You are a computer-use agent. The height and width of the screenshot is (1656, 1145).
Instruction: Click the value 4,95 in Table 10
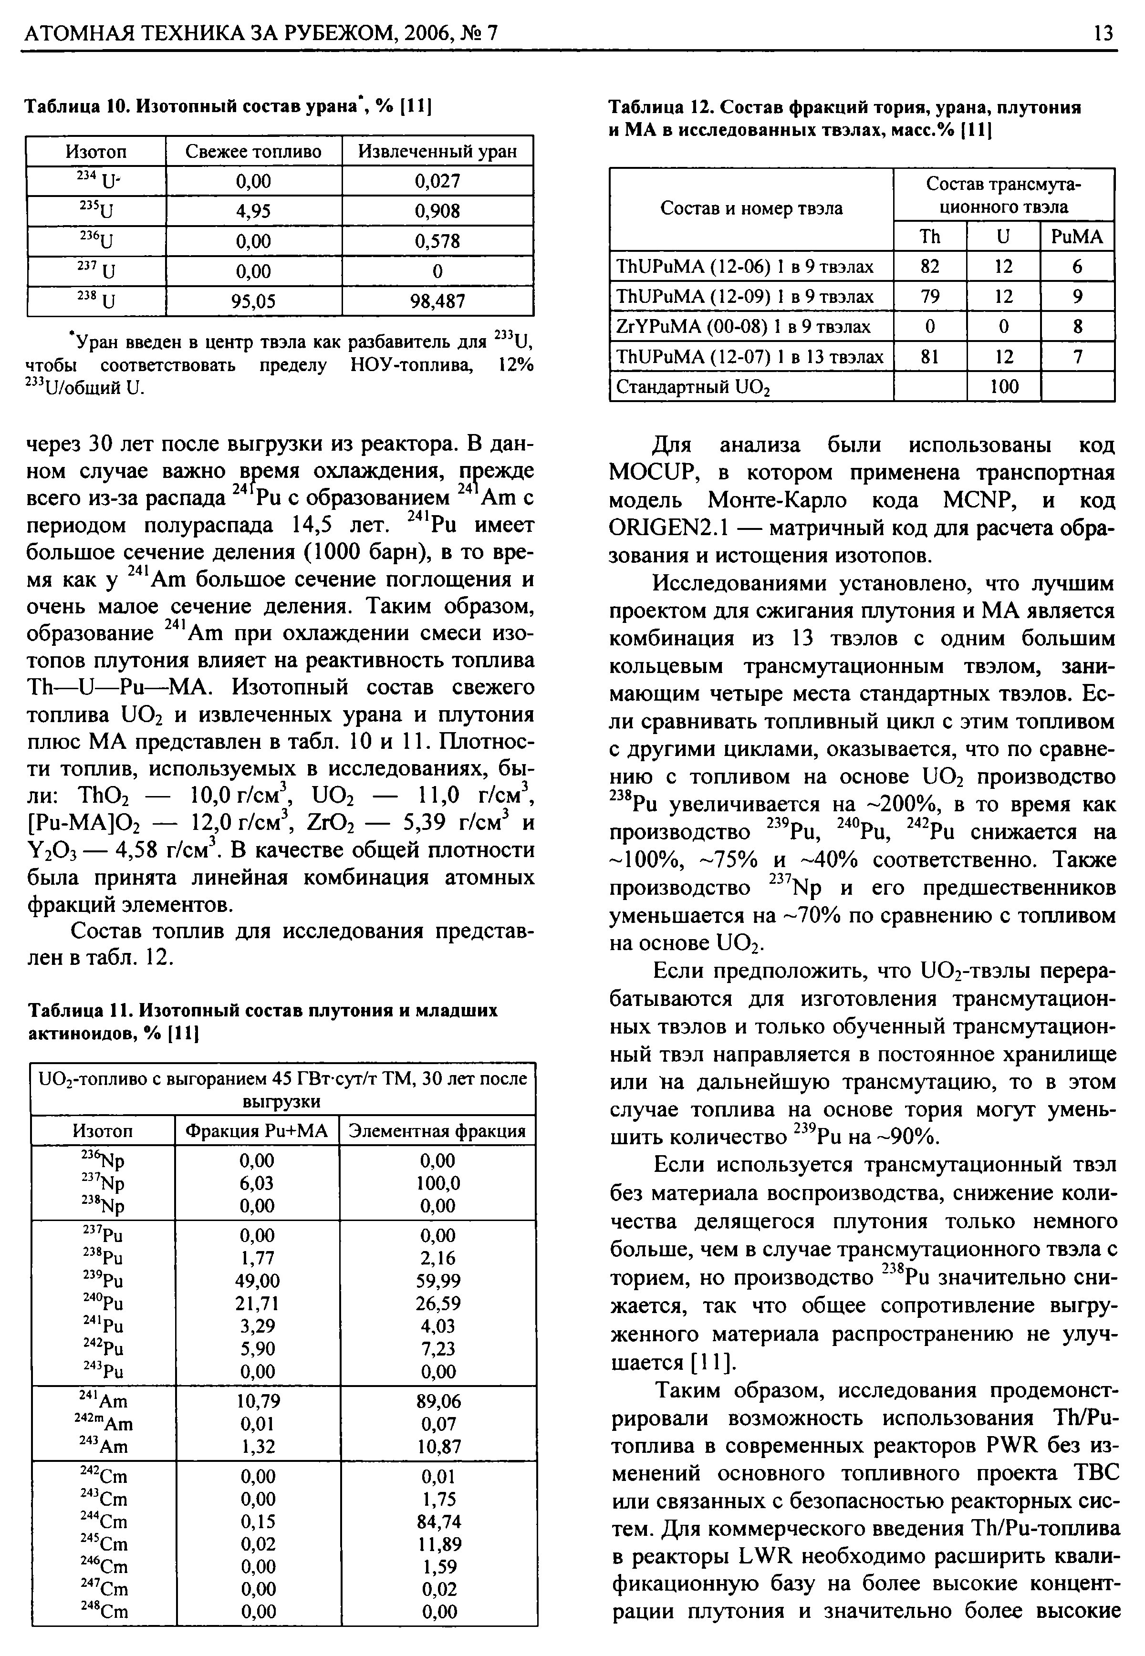254,211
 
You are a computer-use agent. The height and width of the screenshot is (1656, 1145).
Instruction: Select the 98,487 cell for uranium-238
437,301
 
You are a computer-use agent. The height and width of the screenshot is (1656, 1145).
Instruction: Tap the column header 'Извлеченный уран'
437,151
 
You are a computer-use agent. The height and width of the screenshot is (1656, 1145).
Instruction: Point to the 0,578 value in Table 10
437,241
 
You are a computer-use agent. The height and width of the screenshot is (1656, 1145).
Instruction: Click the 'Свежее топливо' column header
253,151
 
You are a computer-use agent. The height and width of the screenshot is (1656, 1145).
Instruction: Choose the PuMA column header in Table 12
1077,237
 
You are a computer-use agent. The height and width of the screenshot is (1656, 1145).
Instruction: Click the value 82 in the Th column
930,267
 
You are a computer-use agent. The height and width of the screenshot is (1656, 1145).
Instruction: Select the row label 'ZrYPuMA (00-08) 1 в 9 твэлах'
744,327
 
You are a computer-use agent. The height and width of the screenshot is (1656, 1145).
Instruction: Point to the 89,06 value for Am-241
438,1401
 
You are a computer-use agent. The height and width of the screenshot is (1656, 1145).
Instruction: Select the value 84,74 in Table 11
438,1521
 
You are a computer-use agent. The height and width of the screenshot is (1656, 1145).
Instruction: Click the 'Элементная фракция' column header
437,1131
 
